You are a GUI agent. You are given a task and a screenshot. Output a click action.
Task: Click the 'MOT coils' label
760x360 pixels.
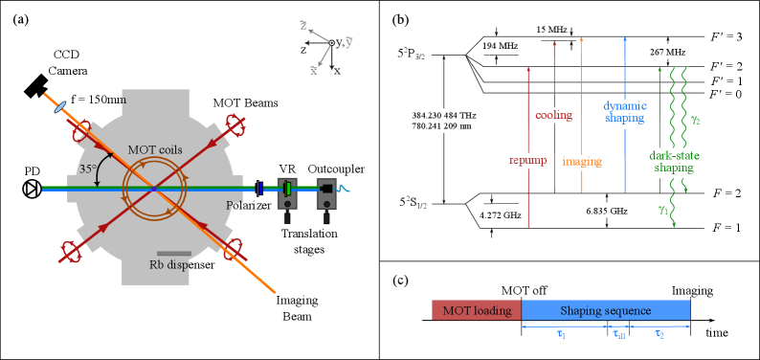155,150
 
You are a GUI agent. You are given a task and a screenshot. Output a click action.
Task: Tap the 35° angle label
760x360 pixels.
88,169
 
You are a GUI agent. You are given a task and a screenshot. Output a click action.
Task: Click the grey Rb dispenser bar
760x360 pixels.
173,254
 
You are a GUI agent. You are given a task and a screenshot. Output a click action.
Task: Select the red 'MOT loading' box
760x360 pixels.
476,310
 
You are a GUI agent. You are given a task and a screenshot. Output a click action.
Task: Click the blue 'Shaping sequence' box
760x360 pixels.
605,310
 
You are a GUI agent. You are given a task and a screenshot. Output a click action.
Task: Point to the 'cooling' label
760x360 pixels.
553,115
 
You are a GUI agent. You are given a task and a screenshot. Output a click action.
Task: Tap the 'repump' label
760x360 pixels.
526,160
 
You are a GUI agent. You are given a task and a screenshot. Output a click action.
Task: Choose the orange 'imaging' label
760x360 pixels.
583,162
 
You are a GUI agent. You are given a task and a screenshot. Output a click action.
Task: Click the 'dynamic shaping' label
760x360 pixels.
623,113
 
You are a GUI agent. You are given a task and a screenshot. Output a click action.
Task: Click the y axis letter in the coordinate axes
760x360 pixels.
349,42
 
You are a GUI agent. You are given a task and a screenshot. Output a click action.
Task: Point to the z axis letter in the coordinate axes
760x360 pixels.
303,25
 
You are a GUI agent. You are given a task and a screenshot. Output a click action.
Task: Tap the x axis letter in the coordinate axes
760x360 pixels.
313,70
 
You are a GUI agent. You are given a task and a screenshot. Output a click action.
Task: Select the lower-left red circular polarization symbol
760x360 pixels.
71,251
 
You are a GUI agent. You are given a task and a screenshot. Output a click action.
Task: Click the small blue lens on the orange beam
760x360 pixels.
60,107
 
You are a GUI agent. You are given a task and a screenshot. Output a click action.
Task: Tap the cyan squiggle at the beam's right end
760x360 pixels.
343,188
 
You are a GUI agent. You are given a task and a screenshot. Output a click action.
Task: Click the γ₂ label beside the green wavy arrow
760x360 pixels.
696,120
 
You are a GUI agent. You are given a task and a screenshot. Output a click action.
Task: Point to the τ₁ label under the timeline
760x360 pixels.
561,334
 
